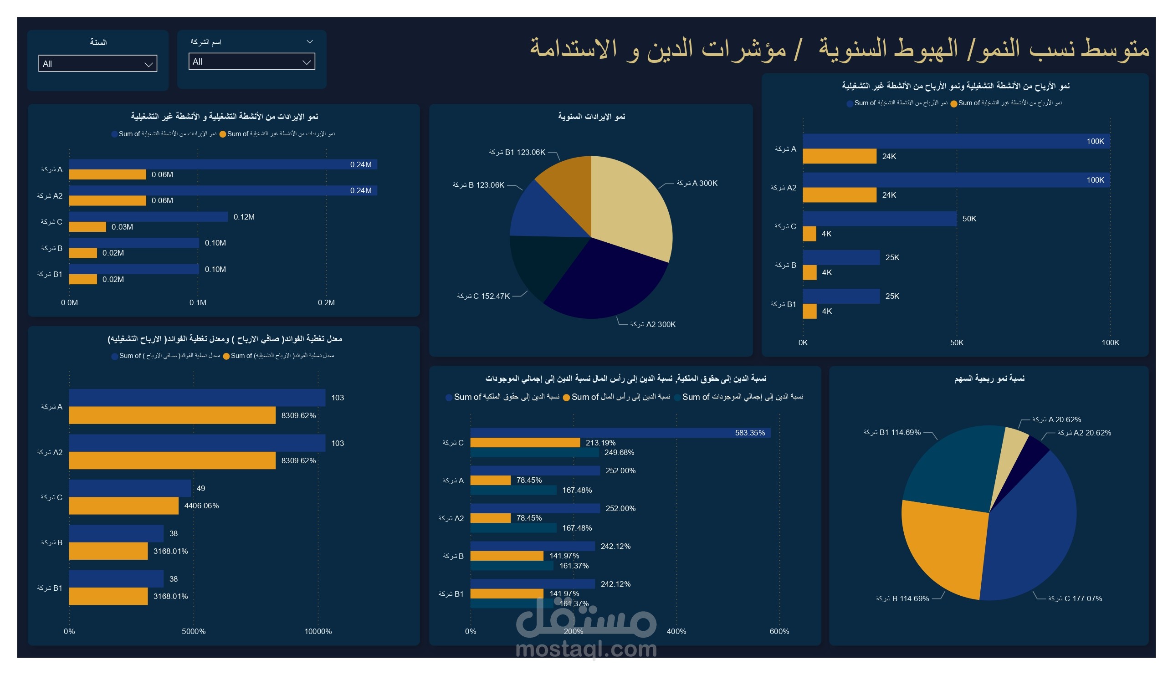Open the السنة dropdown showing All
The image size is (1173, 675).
coord(97,63)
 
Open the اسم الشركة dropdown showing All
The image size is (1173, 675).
coord(251,61)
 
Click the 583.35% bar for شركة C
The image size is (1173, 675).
coord(620,433)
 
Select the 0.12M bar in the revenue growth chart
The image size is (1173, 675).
coord(149,216)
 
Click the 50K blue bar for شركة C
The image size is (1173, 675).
coord(879,218)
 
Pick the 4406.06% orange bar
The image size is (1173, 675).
coord(124,506)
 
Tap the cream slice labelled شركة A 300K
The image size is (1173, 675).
coord(630,204)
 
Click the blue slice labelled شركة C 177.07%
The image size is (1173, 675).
coord(1034,533)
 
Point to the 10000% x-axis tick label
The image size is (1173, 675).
coord(318,631)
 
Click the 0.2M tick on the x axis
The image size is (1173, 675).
coord(326,302)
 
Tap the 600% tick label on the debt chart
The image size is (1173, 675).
coord(779,631)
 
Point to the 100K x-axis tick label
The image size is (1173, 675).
coord(1110,343)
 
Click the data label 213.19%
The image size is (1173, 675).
coord(600,443)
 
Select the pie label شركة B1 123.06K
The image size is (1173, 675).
coord(517,152)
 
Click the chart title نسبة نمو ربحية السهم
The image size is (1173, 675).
coord(989,379)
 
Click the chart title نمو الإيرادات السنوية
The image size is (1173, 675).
coord(591,116)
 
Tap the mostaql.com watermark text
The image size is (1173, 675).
coord(586,649)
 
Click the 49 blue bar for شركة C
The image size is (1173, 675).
coord(130,488)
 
